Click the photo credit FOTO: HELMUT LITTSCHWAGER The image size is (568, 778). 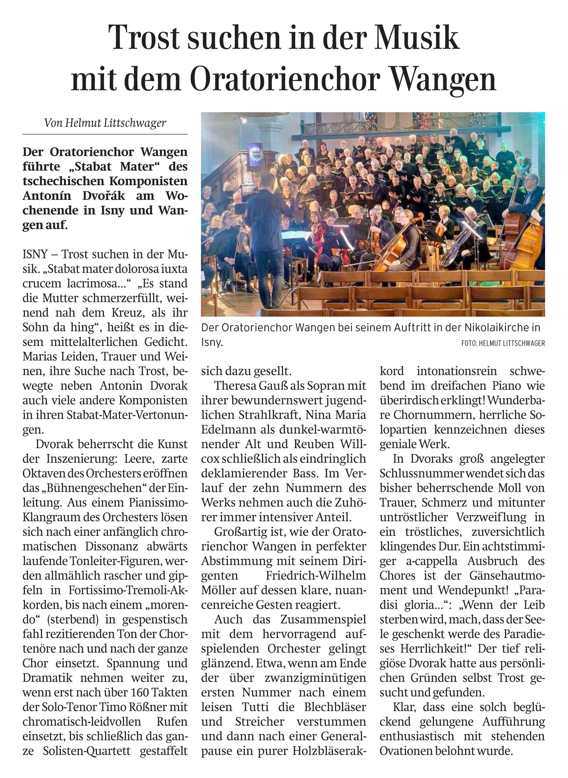503,343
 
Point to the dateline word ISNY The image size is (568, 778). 35,254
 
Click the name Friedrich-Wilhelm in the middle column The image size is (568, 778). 316,575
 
